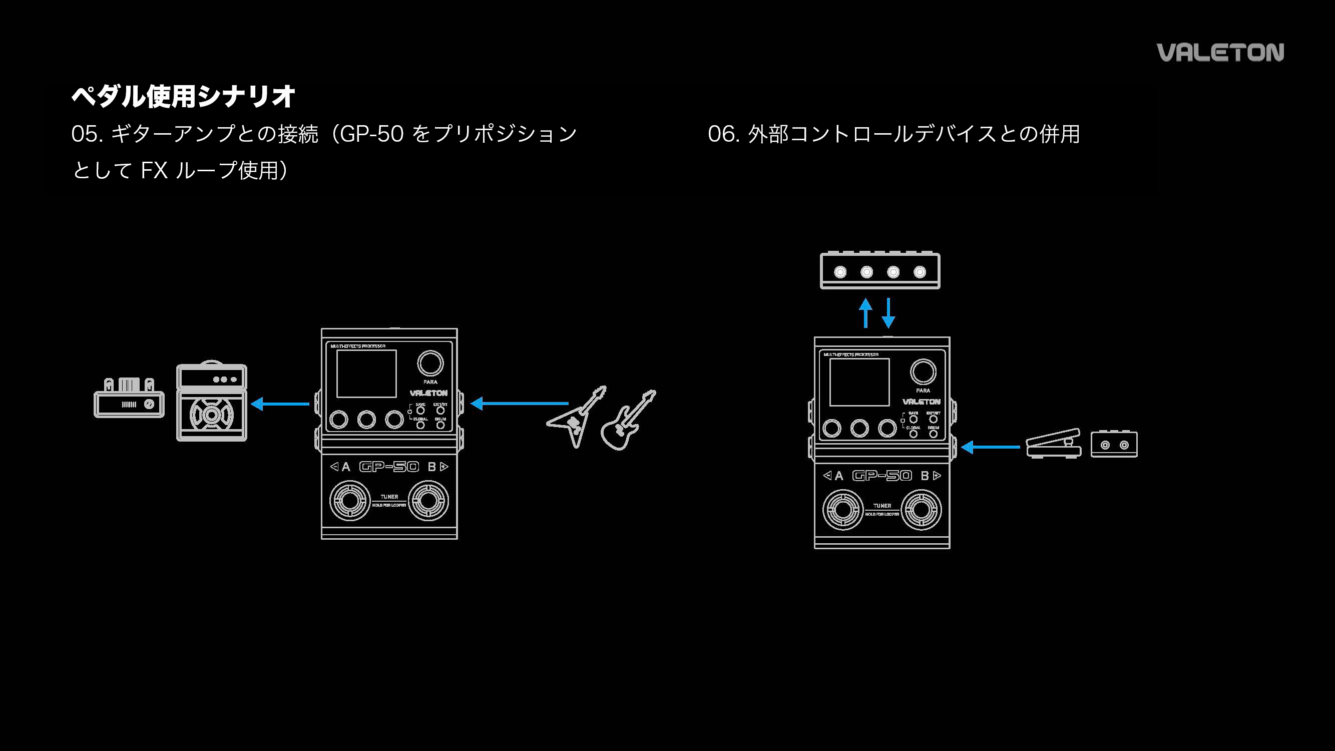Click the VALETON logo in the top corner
pyautogui.click(x=1220, y=53)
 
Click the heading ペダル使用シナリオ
pyautogui.click(x=183, y=97)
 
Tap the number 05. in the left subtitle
pyautogui.click(x=87, y=134)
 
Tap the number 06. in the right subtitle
pyautogui.click(x=723, y=134)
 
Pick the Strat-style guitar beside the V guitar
pyautogui.click(x=628, y=421)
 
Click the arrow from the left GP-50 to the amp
pyautogui.click(x=280, y=404)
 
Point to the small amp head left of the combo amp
pyautogui.click(x=129, y=399)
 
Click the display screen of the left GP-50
pyautogui.click(x=366, y=373)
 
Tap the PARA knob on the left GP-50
pyautogui.click(x=430, y=363)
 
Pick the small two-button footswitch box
pyautogui.click(x=1114, y=444)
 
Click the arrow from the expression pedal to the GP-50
pyautogui.click(x=991, y=447)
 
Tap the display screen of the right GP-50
pyautogui.click(x=859, y=383)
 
